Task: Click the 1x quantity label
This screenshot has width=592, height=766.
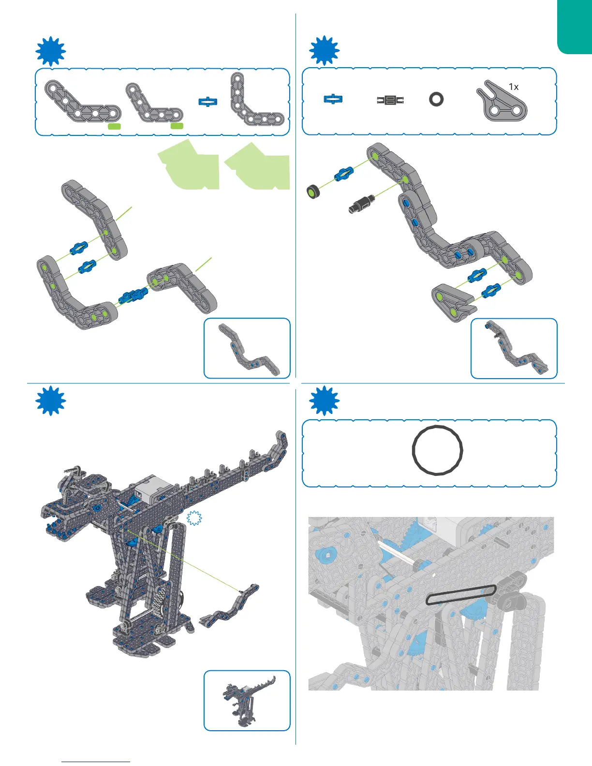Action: (x=514, y=87)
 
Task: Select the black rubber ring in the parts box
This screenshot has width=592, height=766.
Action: (x=436, y=99)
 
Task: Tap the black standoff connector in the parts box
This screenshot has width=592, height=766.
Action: (x=390, y=100)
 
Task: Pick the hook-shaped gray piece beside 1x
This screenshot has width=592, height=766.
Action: (x=501, y=103)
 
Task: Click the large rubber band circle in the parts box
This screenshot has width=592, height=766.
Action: (x=437, y=451)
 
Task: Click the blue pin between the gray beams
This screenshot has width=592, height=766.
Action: (x=208, y=102)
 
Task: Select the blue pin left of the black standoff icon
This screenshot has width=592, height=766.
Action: (x=333, y=99)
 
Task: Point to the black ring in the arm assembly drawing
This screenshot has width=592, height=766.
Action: (x=314, y=191)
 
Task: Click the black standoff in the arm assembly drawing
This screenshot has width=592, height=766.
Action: (x=361, y=204)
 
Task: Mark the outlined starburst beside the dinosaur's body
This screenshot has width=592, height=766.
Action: (x=194, y=518)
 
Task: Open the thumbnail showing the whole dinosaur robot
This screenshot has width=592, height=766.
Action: (x=247, y=700)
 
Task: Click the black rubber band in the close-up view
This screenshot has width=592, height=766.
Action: (x=460, y=595)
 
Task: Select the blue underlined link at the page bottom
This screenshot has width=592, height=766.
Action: (x=96, y=762)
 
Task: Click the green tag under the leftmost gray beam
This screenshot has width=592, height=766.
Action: (x=114, y=126)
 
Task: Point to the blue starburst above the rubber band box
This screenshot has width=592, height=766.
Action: (x=325, y=400)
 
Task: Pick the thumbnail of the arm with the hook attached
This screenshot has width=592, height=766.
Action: (x=514, y=348)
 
